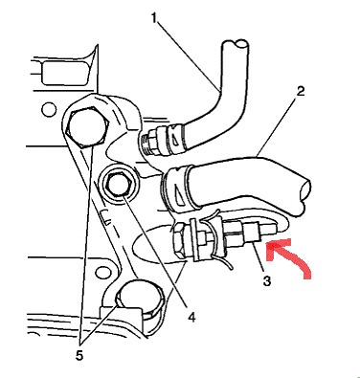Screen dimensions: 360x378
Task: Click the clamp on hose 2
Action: (178, 188)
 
